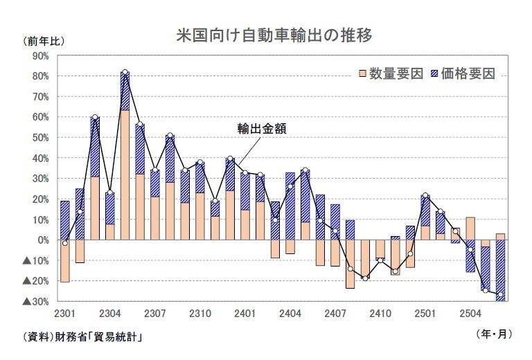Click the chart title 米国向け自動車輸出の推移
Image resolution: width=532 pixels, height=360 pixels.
tap(266, 35)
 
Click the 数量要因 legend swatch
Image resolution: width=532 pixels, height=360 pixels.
tap(362, 74)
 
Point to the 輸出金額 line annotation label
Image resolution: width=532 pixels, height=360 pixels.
tap(262, 128)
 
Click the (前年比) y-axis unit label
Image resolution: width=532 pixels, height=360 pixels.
tap(43, 40)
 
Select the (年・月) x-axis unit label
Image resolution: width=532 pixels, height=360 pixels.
tap(494, 333)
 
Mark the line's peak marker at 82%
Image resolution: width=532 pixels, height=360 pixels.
tap(125, 72)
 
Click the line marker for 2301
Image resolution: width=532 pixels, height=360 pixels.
tap(65, 243)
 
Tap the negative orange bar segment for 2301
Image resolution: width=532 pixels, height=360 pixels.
tap(65, 261)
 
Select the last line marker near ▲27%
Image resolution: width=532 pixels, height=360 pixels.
tap(500, 295)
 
